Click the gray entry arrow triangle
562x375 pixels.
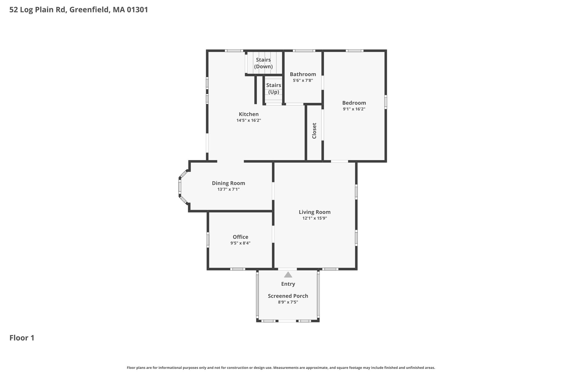point(288,275)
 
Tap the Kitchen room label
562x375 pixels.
point(249,114)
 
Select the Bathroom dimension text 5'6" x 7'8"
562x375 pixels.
point(303,80)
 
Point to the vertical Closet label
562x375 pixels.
point(314,131)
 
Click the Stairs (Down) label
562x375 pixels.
point(263,63)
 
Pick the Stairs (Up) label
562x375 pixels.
point(274,88)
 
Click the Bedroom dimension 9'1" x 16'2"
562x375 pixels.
point(354,109)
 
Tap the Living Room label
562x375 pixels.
point(315,212)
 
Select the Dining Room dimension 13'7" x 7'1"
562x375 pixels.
point(229,189)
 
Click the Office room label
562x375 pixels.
point(241,237)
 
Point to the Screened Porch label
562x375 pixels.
point(288,296)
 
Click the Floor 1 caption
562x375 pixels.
point(22,338)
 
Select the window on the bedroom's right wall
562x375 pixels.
point(386,102)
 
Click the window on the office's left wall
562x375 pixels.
point(208,240)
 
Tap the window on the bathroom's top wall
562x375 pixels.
point(304,51)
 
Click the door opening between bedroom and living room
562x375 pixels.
point(339,161)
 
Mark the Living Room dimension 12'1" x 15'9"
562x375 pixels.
point(315,218)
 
